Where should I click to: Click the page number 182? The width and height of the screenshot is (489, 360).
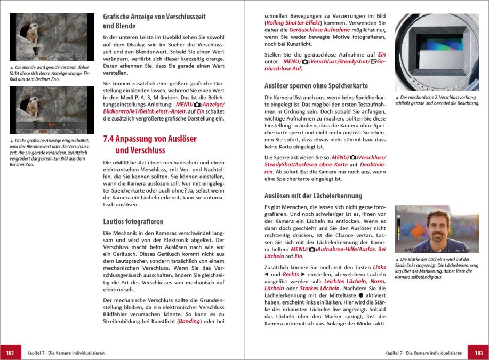(10, 353)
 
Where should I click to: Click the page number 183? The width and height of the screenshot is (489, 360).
(478, 353)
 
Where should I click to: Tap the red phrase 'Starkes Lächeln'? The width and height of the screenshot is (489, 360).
(319, 288)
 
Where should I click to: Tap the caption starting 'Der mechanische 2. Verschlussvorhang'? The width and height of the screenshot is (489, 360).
(436, 100)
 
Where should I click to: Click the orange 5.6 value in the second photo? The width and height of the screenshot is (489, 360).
(52, 124)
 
